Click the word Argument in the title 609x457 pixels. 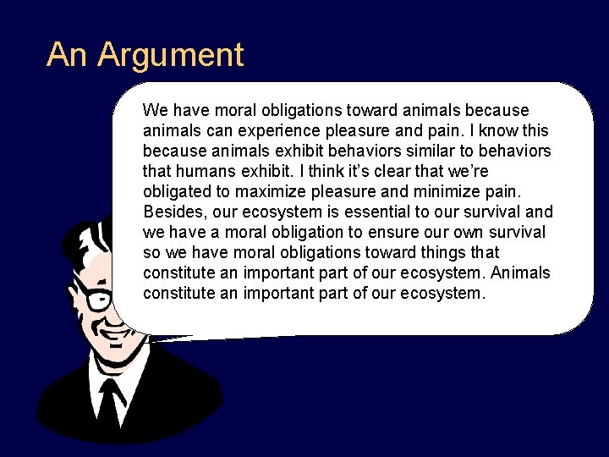click(171, 55)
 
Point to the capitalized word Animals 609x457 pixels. click(519, 273)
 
